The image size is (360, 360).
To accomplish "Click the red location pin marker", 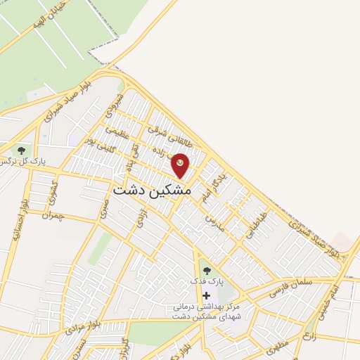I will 181,164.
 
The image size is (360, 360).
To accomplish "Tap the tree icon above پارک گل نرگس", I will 21,150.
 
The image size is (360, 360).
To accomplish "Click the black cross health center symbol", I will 206,295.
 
